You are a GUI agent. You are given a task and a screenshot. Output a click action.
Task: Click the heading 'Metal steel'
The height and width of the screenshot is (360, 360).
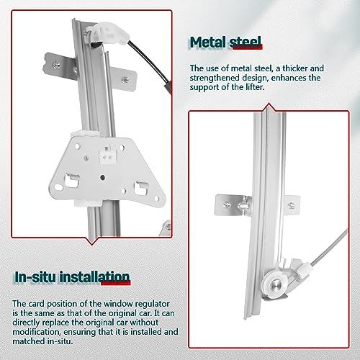225,42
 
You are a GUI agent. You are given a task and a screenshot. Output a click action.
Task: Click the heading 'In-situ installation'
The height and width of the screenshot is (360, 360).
72,277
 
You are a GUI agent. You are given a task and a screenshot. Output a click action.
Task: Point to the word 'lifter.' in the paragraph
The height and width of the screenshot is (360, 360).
255,87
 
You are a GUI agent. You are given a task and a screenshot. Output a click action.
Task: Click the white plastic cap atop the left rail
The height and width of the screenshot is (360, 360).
107,33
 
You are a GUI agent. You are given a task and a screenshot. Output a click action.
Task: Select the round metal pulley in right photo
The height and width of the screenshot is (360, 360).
275,285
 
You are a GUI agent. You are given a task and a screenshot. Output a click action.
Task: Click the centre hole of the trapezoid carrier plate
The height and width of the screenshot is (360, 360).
102,178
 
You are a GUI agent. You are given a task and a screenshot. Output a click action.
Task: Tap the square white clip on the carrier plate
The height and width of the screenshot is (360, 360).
108,156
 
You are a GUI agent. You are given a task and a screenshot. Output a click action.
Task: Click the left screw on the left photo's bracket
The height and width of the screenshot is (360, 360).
57,66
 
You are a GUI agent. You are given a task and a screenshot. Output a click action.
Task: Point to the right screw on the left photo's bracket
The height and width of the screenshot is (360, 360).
125,80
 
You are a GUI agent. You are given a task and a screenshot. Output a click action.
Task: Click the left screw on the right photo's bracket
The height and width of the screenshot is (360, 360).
227,204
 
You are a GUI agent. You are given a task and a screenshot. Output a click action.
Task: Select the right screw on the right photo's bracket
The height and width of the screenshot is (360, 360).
292,205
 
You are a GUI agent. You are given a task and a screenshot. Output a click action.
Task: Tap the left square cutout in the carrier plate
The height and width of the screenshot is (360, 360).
72,181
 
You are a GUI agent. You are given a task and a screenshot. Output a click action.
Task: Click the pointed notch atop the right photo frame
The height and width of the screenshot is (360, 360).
269,107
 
